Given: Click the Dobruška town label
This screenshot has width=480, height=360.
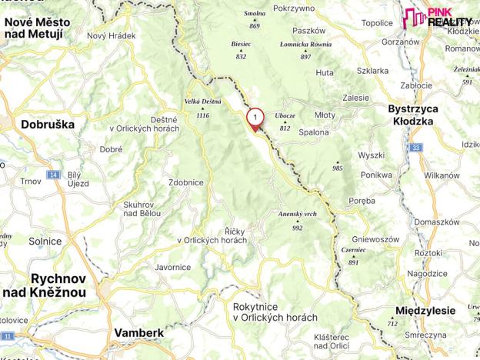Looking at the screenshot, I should coord(47,124).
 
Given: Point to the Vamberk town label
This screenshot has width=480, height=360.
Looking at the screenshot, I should coord(138,333).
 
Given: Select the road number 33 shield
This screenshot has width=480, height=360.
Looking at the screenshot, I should coord(416,147).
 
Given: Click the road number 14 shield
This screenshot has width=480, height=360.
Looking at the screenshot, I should coord(53,175).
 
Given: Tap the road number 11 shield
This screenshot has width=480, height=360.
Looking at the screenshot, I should coord(8,336).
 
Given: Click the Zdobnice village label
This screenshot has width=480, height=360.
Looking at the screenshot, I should coord(185,183).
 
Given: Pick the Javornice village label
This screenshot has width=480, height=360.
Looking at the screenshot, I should coord(172,267).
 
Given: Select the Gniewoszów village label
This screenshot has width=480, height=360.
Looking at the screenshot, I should coord(375,239).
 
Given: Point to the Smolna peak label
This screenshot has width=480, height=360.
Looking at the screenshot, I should coord(255,14).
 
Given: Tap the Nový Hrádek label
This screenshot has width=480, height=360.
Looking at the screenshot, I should coord(111,36).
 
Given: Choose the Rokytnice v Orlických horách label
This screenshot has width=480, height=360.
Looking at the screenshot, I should coord(275,312).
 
